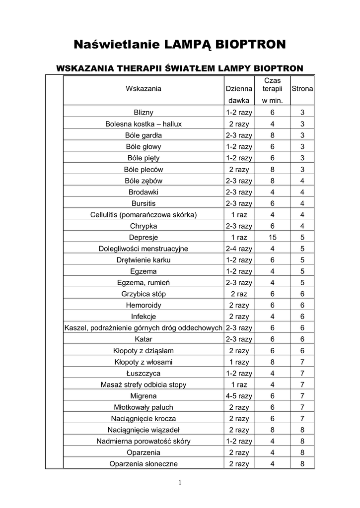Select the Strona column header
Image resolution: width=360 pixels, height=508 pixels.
(302, 89)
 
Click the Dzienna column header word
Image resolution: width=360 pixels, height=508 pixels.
(239, 89)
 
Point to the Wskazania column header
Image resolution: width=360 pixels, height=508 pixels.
(144, 89)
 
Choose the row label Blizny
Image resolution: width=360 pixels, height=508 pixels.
(144, 112)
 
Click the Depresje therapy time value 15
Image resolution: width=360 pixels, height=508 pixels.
(272, 237)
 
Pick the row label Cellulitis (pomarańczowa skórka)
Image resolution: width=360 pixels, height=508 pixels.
(144, 214)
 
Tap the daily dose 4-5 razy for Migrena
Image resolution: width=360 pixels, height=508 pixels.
(239, 396)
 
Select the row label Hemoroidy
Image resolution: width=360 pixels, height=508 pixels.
(144, 305)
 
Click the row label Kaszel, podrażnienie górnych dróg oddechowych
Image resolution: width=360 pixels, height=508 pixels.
(144, 328)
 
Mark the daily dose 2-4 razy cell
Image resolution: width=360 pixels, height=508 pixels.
(239, 249)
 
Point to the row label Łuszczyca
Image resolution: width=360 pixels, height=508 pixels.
(144, 373)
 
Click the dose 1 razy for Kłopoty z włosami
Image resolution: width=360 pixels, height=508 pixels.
(239, 362)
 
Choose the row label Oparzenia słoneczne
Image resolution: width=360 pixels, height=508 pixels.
(144, 464)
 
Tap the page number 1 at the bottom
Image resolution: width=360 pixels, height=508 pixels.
(180, 484)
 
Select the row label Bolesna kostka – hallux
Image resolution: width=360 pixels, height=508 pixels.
(144, 124)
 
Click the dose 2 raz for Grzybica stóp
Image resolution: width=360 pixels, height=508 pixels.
(239, 294)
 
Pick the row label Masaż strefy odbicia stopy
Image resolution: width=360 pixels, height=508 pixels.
(144, 384)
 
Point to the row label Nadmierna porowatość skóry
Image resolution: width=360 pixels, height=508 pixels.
(144, 441)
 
